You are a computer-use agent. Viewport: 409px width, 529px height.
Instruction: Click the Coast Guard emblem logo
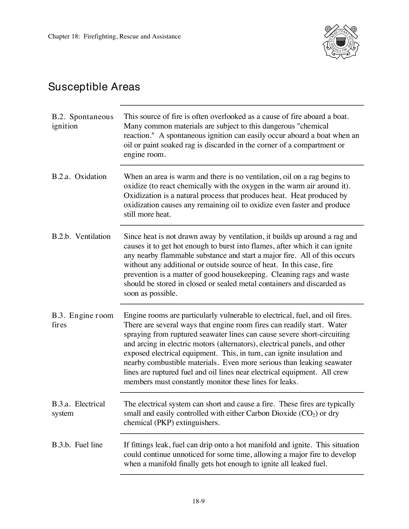341,42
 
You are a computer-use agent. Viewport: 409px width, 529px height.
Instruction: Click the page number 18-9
198,501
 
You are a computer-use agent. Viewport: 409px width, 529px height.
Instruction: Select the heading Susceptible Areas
94,87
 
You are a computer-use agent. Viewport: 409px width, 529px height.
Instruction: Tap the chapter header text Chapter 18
114,37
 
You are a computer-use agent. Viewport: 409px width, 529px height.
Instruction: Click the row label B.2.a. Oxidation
79,177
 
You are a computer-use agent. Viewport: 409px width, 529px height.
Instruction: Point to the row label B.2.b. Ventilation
81,236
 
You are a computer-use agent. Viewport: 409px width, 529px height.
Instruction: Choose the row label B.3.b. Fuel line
77,445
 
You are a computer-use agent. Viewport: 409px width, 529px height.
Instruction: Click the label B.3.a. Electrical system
78,409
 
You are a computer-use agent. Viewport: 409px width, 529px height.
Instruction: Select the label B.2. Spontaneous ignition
82,121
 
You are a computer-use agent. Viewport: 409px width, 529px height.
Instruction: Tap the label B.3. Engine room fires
82,320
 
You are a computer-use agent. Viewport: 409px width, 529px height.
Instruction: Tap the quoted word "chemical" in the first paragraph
313,126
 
